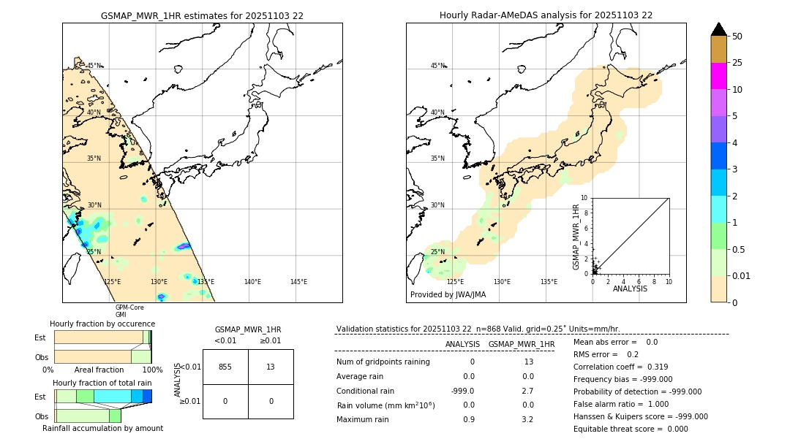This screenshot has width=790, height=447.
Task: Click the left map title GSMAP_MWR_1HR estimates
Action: point(202,15)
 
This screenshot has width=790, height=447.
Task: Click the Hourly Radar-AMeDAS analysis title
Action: point(546,15)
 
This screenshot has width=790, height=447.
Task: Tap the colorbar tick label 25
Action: point(738,63)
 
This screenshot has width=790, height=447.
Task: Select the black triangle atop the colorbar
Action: point(719,29)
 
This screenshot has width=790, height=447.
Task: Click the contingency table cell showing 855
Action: point(225,367)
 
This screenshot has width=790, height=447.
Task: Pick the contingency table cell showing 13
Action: point(271,367)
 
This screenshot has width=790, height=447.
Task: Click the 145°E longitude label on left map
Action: point(298,282)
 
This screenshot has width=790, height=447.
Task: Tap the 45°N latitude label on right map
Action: point(437,66)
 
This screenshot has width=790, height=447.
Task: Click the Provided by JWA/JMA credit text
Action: point(448,295)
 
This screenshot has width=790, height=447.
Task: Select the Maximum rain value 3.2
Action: point(527,419)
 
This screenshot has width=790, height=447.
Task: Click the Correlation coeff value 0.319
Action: point(652,367)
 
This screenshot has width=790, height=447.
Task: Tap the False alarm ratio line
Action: point(627,404)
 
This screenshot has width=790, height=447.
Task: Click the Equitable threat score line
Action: point(631,429)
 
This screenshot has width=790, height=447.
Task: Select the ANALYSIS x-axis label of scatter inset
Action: point(630,289)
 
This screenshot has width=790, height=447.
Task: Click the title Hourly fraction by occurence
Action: point(102,324)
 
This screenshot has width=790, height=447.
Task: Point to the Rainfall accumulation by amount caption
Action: point(102,428)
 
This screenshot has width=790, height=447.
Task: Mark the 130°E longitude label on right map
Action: point(502,282)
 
